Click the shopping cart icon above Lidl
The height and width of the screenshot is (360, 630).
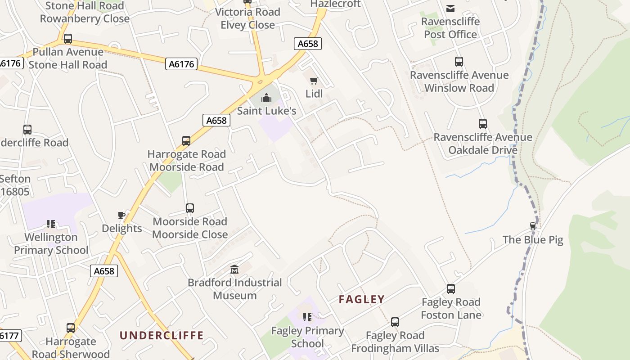coord(314,81)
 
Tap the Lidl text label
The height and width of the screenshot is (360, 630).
coord(314,94)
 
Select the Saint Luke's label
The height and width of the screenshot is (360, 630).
coord(266,111)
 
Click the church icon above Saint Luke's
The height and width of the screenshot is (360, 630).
coord(266,97)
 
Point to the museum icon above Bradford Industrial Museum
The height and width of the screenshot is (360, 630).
coord(234,270)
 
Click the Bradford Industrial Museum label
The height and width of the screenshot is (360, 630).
coord(234,289)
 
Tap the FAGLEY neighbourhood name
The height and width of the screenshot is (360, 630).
coord(362,299)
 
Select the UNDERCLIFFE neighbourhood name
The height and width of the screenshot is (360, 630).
coord(162,335)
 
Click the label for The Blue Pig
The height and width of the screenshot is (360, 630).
coord(533,239)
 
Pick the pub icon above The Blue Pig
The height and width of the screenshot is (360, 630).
coord(533,226)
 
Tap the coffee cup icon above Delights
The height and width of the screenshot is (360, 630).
coord(121,215)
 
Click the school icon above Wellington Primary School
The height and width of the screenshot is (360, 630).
coord(51,224)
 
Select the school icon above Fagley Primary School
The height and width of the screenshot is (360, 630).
coord(307,317)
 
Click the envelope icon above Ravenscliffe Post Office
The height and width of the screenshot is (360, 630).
coord(450,8)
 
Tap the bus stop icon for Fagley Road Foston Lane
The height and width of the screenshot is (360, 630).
coord(451,289)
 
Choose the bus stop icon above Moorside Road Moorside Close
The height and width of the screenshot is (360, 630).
coord(190,208)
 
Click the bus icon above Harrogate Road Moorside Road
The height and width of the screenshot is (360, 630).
coord(186,141)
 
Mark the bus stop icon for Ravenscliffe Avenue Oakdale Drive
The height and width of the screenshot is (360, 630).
coord(483,124)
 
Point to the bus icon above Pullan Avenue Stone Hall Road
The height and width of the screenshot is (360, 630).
coord(68,39)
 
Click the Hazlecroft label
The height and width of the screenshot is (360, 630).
coord(336,4)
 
